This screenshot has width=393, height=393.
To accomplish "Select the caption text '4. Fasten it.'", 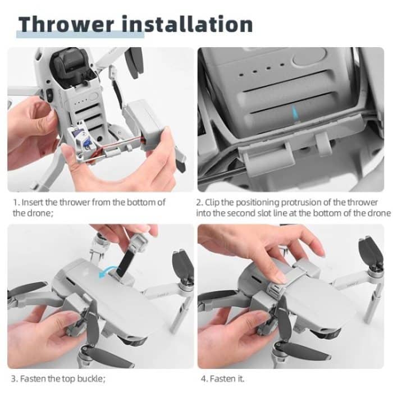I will (x=220, y=378).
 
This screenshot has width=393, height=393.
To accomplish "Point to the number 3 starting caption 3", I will (x=15, y=378).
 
